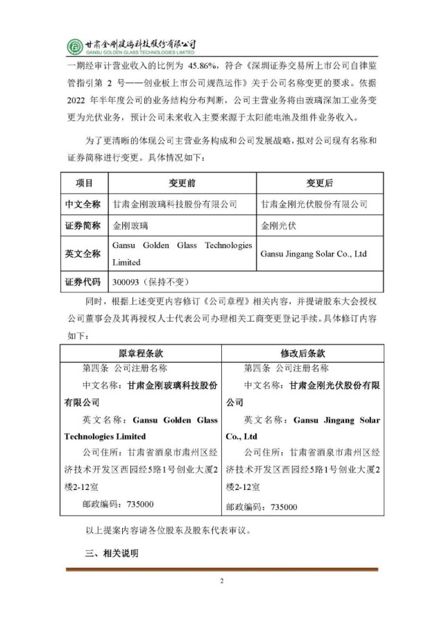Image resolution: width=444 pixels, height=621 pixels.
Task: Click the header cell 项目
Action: (x=84, y=183)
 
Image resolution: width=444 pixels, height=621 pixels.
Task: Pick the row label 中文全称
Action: (x=84, y=204)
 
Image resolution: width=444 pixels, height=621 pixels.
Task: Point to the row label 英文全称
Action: (x=84, y=254)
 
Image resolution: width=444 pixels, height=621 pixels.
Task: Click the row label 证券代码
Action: (x=84, y=282)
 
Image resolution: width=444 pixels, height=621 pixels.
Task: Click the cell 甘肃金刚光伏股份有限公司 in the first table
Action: (x=314, y=204)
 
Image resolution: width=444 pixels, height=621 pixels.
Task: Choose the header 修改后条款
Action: (x=302, y=352)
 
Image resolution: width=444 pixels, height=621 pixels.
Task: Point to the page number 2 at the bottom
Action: (x=222, y=581)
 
